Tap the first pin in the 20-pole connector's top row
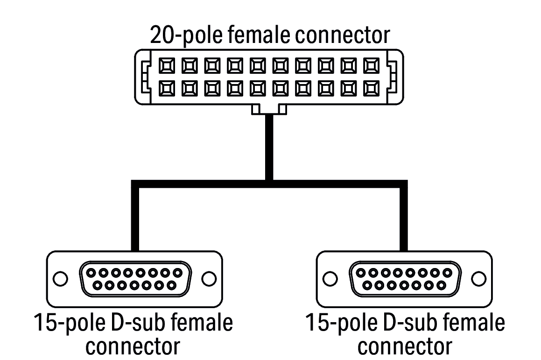[x=166, y=65]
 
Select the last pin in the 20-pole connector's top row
[x=372, y=65]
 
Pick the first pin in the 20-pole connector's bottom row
[x=166, y=87]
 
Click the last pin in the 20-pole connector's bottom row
[x=372, y=87]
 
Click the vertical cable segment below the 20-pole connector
[x=268, y=145]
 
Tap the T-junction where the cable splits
[x=268, y=183]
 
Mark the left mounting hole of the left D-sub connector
[x=59, y=279]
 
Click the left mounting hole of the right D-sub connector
[x=330, y=279]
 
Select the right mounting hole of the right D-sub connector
[x=478, y=279]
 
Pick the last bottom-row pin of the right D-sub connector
[x=441, y=284]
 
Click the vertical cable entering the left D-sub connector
[x=135, y=219]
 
